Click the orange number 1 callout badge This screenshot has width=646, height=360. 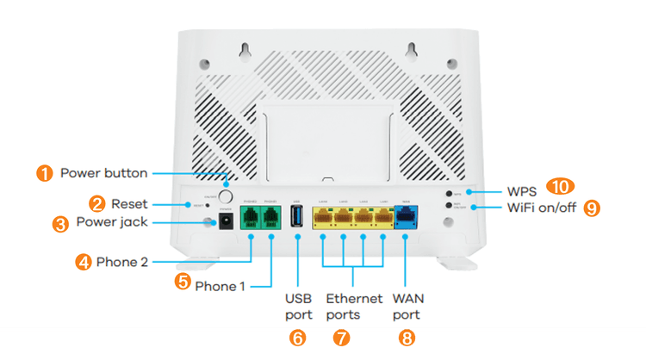pos(42,173)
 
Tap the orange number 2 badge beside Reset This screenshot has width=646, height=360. pos(97,203)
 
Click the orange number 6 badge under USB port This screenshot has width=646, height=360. pos(296,338)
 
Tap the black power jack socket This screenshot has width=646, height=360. pos(227,221)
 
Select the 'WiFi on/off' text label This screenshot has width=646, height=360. pos(539,208)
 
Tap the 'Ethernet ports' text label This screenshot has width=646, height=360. pos(354,307)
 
